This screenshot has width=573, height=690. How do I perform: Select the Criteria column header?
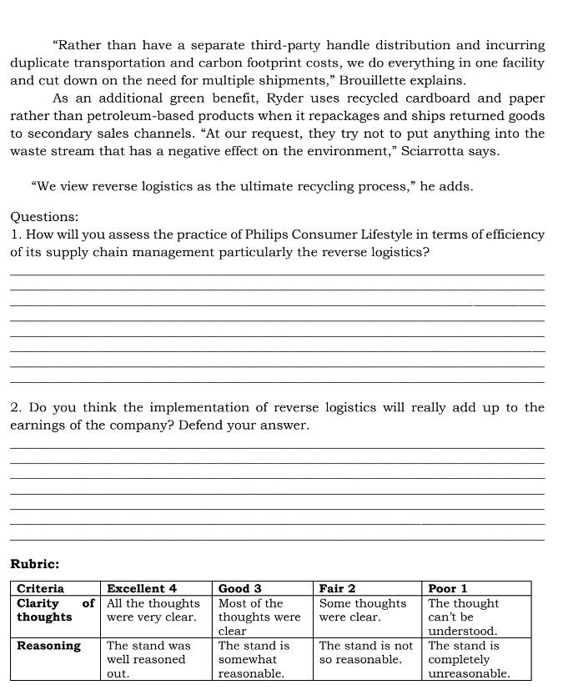(41, 588)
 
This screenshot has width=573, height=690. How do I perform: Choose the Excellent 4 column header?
(142, 588)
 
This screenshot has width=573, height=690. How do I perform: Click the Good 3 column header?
(240, 588)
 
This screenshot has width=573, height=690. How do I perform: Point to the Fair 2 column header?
(338, 588)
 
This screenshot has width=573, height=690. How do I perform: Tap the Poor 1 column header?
(448, 588)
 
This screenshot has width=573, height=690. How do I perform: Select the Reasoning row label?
(49, 645)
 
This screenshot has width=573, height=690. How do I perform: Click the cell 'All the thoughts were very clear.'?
(153, 610)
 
